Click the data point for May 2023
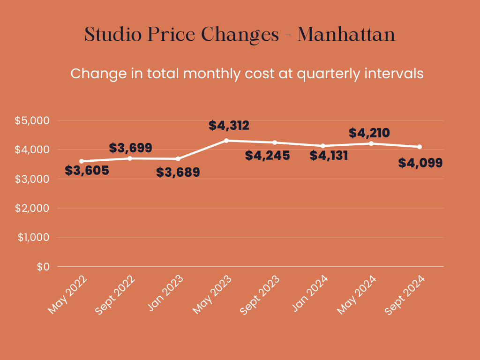[x=226, y=140]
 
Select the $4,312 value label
[x=229, y=126]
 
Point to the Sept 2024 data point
[x=420, y=147]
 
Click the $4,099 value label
[x=420, y=163]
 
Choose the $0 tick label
[x=43, y=267]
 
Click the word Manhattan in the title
[x=346, y=35]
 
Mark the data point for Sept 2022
[x=130, y=158]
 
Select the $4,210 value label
[x=369, y=133]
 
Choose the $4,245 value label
[x=267, y=156]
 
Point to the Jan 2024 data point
[x=323, y=146]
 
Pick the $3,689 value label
[x=178, y=172]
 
